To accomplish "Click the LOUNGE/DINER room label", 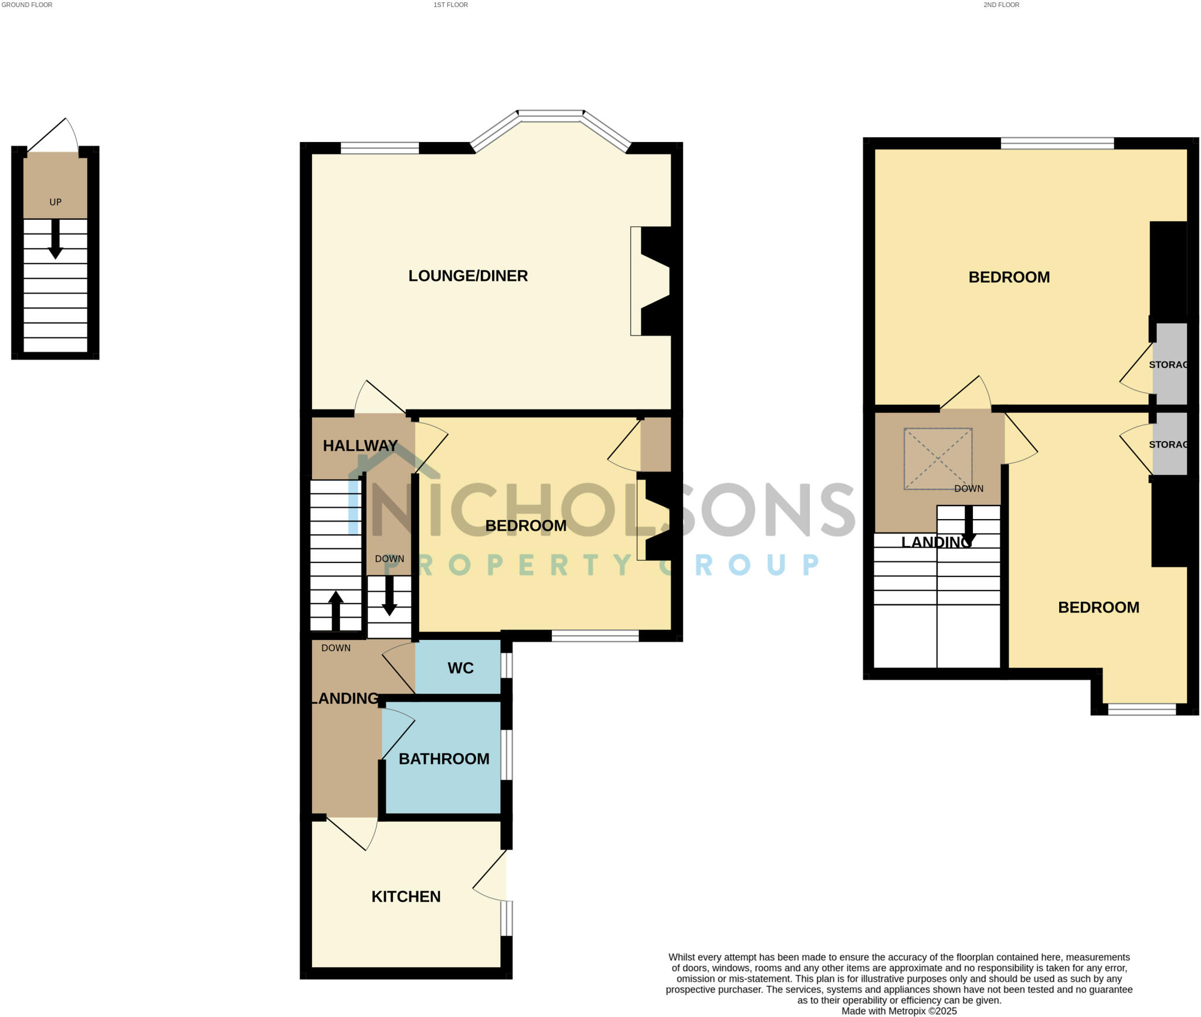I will tap(468, 276).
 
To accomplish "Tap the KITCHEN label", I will tap(406, 896).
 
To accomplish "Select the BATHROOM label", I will tap(444, 758).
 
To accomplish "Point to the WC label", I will tap(460, 668).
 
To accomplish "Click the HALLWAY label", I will tap(360, 446).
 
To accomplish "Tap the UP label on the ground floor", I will tap(55, 202).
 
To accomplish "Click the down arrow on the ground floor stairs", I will tap(56, 239).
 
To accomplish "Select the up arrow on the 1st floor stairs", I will tap(335, 610).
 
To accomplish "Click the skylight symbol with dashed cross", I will tap(938, 459).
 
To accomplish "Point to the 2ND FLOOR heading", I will tap(1002, 5).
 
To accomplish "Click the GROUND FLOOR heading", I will tap(27, 5).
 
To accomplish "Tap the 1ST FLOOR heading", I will tap(450, 5).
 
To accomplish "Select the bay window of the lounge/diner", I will tap(551, 116).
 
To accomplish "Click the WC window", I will tap(507, 665).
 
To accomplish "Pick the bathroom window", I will tap(507, 754).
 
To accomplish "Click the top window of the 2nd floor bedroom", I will tap(1057, 143).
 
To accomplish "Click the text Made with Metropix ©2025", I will tap(899, 1011).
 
